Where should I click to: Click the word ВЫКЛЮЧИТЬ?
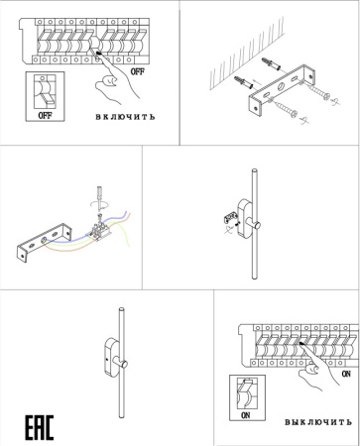click(x=317, y=421)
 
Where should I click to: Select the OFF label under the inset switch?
click(x=44, y=114)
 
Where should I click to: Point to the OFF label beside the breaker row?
click(x=138, y=71)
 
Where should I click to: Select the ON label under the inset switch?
click(x=246, y=416)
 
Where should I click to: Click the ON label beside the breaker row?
click(x=344, y=376)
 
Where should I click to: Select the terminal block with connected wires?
click(x=99, y=233)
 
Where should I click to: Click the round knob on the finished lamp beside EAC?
click(x=128, y=368)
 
